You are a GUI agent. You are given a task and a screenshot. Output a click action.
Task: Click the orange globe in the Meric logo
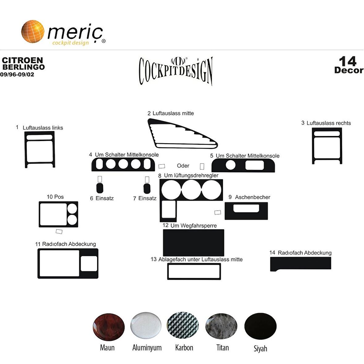click(x=33, y=31)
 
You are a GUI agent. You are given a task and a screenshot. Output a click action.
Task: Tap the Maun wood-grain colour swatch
click(x=109, y=327)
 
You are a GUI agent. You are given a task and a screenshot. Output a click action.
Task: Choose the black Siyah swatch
click(x=260, y=326)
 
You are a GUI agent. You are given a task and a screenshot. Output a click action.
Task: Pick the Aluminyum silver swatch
click(x=146, y=325)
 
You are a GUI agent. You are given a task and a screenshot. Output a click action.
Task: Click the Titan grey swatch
click(x=221, y=326)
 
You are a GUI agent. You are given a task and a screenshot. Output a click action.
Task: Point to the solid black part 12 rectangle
click(x=193, y=242)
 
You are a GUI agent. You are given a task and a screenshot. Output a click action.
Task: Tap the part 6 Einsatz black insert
click(x=100, y=188)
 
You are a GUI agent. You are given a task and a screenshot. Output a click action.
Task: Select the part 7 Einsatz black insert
click(x=147, y=188)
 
